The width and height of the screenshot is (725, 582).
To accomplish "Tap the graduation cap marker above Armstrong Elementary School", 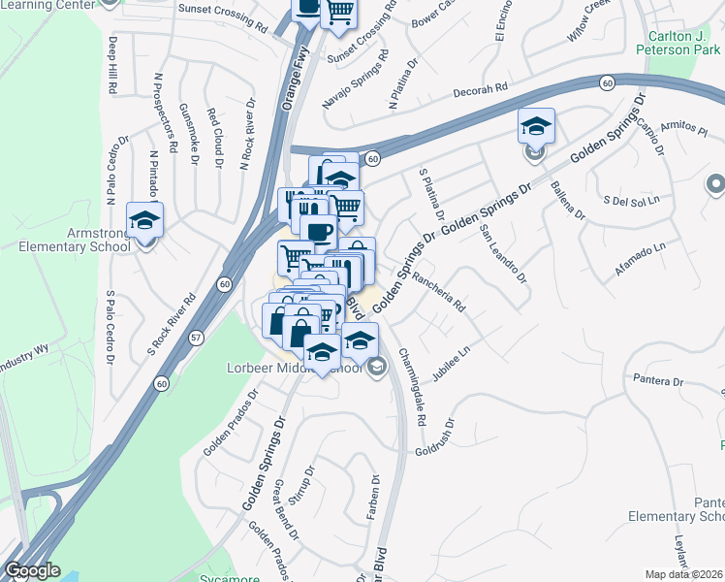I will tap(145, 220).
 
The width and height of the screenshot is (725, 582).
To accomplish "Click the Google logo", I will tap(32, 571).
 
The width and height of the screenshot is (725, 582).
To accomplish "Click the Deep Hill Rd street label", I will tap(113, 66).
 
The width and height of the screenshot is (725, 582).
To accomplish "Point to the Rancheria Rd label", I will tap(439, 291).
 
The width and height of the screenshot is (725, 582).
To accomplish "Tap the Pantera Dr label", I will tap(657, 381).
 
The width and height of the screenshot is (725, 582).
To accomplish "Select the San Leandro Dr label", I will tap(503, 255).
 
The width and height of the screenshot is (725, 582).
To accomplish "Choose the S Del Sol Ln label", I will tap(631, 201).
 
